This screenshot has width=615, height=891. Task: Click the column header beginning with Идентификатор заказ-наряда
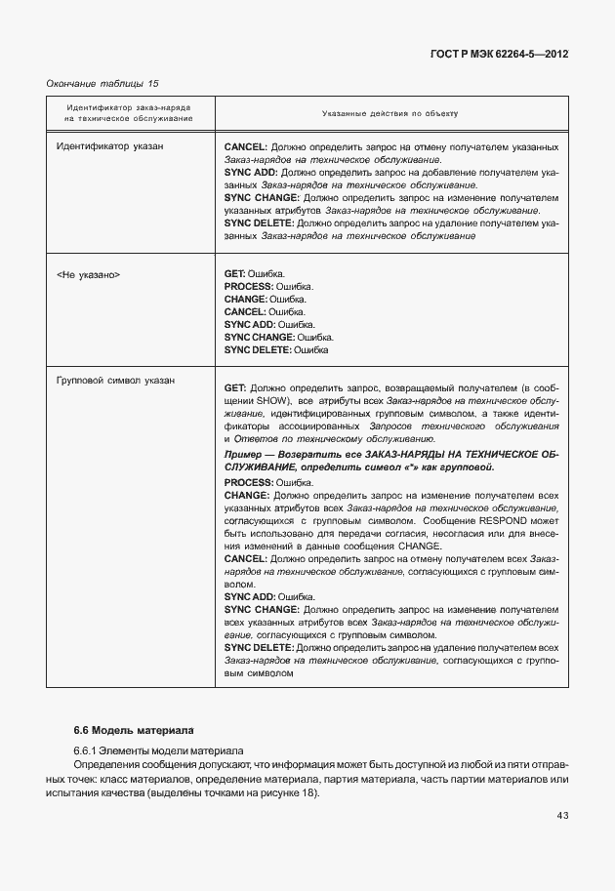(x=128, y=113)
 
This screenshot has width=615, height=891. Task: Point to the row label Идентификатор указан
(x=110, y=146)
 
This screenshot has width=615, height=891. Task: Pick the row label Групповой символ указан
(x=116, y=381)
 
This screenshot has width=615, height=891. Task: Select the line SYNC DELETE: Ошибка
(x=276, y=348)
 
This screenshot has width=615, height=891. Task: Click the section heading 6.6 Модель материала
(x=134, y=729)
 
